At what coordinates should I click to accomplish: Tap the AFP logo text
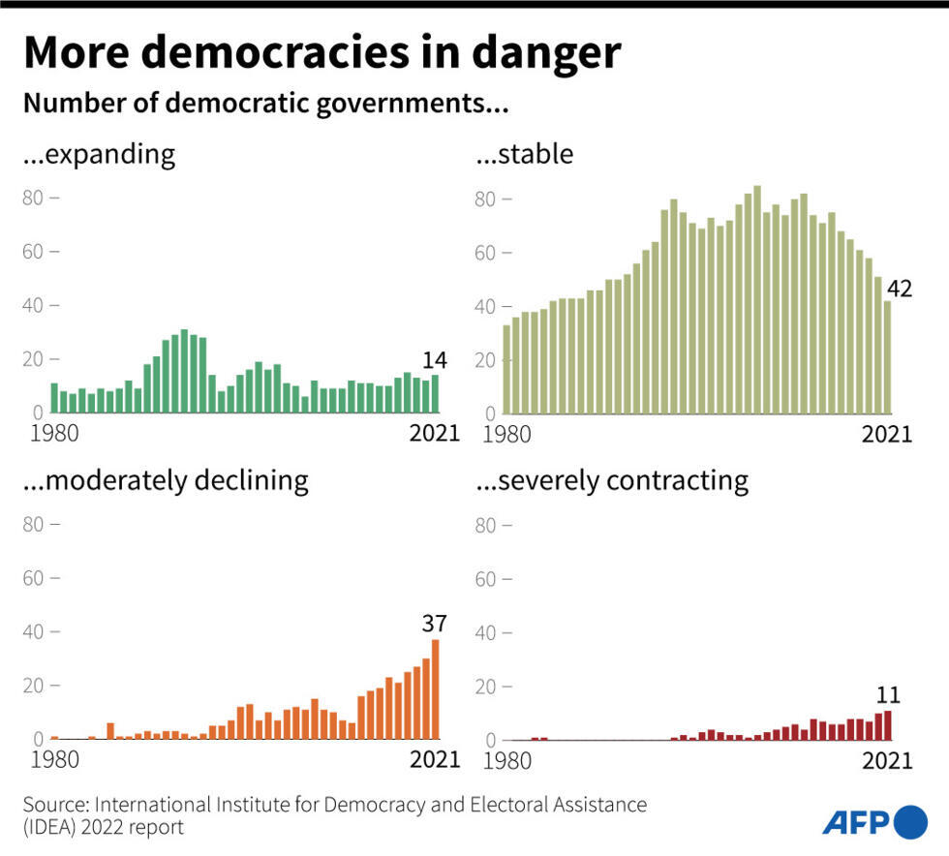(855, 822)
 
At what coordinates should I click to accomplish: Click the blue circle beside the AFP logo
(910, 822)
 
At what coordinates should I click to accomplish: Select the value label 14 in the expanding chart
(435, 360)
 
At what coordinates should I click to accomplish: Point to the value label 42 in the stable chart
(900, 289)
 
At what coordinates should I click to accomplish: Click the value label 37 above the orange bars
(434, 624)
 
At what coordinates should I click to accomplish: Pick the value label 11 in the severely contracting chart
(888, 695)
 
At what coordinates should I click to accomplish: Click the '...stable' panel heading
(524, 154)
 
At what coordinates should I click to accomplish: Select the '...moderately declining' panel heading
(166, 480)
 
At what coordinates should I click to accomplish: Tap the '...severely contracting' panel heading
(612, 480)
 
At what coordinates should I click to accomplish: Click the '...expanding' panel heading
(99, 154)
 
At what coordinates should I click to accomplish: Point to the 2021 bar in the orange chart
(436, 689)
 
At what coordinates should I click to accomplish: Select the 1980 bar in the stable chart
(506, 368)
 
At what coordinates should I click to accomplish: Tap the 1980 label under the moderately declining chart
(54, 759)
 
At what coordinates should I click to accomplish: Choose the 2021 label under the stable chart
(886, 434)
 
